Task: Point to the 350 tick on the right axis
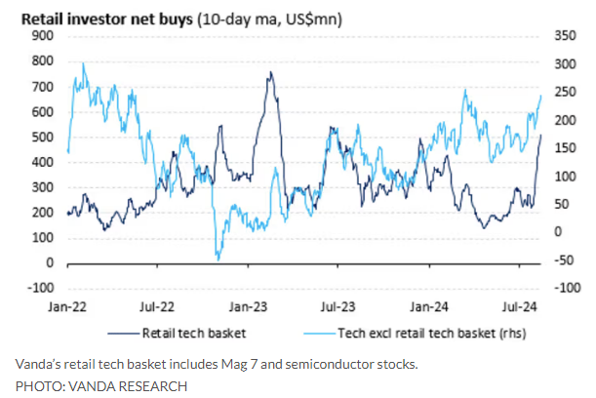567,35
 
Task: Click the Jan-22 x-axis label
68,305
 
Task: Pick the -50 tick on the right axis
565,260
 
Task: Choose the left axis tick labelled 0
49,263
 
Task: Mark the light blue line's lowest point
219,259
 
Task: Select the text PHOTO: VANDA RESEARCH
100,385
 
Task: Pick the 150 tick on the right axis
567,148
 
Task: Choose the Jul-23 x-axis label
342,305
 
